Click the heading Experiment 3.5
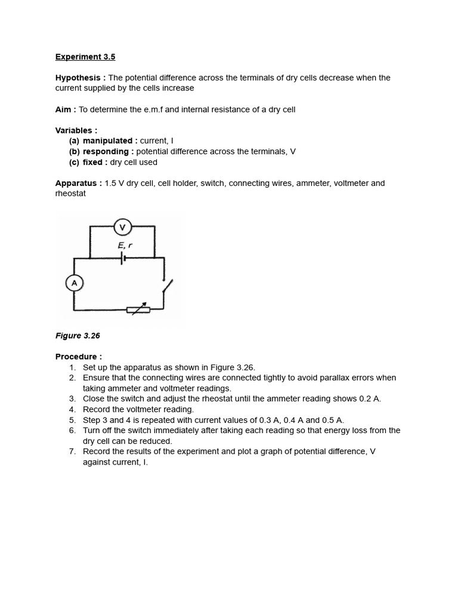(85, 57)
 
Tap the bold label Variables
(76, 130)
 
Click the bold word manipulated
(107, 141)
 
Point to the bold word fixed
(94, 163)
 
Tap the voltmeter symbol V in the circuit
(123, 226)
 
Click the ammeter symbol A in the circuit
(74, 284)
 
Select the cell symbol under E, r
(122, 258)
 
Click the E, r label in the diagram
(125, 245)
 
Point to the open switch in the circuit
(167, 287)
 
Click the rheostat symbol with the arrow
(138, 309)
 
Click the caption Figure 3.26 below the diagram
(78, 336)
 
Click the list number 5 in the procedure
(72, 420)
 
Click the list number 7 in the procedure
(72, 452)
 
